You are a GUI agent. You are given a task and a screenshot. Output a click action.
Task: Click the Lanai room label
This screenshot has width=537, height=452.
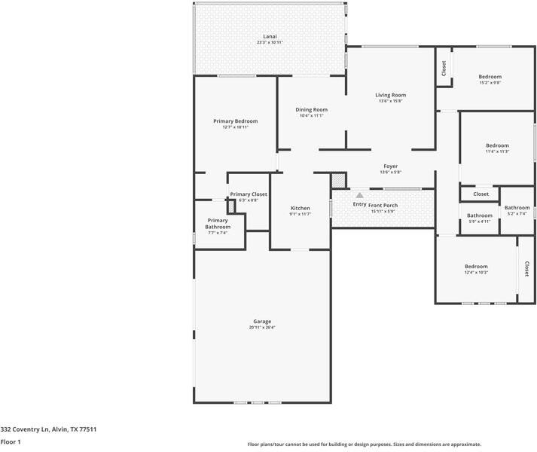tap(269, 36)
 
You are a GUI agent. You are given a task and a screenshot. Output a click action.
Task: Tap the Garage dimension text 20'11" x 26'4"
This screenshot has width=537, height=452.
tap(262, 328)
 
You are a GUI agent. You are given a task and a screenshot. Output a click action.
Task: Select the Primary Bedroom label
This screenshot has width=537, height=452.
tap(235, 121)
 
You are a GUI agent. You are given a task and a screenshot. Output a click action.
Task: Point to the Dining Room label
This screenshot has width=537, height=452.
tap(311, 110)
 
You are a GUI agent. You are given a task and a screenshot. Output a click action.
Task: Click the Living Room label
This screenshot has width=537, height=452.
tap(391, 95)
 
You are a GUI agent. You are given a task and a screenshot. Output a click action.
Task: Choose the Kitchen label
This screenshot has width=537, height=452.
tap(300, 208)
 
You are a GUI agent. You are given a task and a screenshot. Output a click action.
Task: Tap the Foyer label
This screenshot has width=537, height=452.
tap(390, 166)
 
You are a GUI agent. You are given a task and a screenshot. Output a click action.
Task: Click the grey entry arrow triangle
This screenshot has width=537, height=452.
tap(359, 195)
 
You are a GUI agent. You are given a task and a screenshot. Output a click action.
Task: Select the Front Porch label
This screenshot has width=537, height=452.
tap(383, 205)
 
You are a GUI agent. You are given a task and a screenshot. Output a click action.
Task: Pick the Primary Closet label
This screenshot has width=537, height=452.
tap(249, 194)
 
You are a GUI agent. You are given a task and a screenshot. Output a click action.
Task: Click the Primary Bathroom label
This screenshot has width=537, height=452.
tap(218, 224)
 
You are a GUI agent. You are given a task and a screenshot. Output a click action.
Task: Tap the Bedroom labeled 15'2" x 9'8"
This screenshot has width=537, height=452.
tap(490, 77)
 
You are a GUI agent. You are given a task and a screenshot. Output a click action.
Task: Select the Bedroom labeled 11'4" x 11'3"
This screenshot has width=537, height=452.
tap(497, 145)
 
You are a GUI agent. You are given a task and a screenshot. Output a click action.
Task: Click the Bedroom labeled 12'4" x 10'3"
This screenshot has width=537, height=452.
tap(476, 267)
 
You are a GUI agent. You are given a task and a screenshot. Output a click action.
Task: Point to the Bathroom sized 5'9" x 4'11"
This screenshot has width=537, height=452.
tap(479, 215)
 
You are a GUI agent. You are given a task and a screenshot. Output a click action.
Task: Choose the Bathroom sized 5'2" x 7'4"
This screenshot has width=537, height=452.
tap(517, 208)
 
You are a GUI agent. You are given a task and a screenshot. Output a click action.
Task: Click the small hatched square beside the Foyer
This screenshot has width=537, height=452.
tap(338, 181)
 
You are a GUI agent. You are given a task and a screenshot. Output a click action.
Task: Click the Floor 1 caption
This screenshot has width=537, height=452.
tap(11, 442)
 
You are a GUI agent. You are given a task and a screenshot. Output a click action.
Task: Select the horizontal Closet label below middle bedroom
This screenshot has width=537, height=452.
tap(481, 194)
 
